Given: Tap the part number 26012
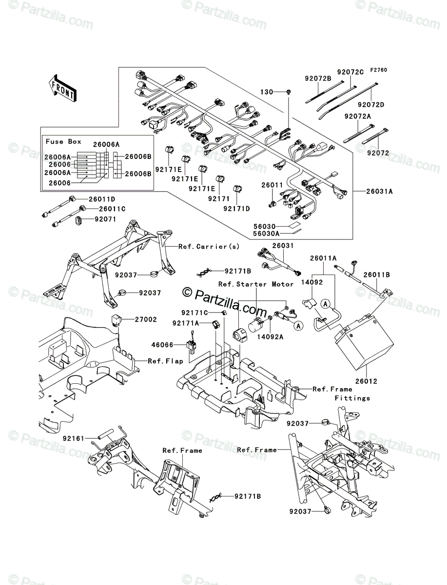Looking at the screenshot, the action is click(x=366, y=381).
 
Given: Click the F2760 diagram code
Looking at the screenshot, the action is click(x=379, y=70).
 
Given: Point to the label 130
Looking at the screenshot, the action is click(x=267, y=92).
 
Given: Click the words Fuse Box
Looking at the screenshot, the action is click(x=63, y=141).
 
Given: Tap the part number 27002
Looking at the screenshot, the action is click(x=146, y=319).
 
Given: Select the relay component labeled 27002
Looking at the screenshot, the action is click(x=116, y=319).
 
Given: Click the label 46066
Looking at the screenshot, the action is click(x=162, y=345).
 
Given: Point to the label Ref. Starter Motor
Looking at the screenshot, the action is click(x=256, y=284).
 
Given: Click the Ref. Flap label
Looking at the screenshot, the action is click(x=165, y=361).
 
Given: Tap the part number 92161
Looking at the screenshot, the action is click(x=74, y=438).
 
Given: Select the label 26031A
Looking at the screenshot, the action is click(x=379, y=192).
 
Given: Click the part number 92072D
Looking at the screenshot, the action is click(x=371, y=105).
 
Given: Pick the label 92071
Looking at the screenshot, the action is click(x=105, y=219).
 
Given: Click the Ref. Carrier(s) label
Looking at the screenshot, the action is click(x=209, y=247).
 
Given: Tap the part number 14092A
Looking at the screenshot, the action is click(x=270, y=337).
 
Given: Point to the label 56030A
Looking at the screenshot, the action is click(x=266, y=234).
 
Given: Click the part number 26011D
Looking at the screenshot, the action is click(x=102, y=199).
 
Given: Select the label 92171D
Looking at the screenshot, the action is click(x=237, y=209).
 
